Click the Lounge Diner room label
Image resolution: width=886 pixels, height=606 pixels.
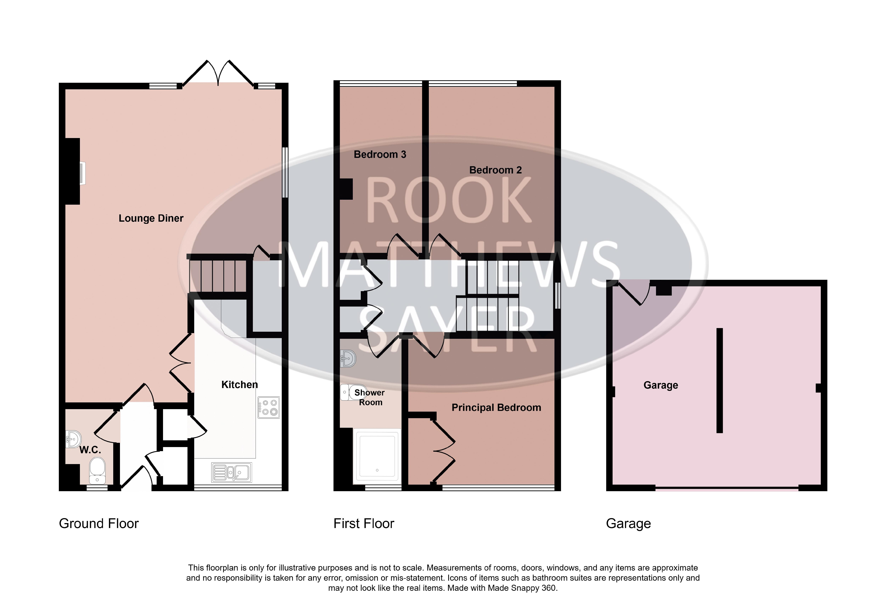click(151, 218)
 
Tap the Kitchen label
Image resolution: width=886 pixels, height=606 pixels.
click(239, 385)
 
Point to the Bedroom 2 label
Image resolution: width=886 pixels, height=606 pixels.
click(495, 170)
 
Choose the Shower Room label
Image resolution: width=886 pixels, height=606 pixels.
click(370, 397)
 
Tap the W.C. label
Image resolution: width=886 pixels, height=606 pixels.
click(90, 450)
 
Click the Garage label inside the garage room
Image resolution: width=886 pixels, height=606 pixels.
click(661, 385)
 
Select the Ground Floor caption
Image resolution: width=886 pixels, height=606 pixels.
click(99, 524)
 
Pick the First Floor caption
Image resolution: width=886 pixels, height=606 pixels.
click(364, 524)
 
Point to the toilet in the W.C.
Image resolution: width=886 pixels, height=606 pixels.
click(97, 470)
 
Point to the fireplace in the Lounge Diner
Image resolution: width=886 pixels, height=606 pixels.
click(75, 172)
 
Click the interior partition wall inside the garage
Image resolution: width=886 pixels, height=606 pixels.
click(719, 380)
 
